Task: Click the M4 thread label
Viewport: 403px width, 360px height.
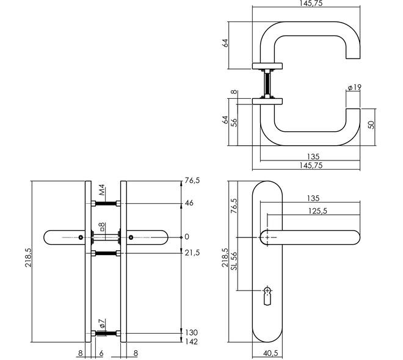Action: [x=103, y=190]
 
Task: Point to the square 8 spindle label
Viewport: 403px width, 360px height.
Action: [x=103, y=227]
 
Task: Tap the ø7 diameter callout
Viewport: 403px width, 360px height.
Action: [x=103, y=323]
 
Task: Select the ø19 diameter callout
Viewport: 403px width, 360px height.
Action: [x=354, y=88]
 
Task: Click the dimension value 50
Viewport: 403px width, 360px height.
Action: [x=371, y=125]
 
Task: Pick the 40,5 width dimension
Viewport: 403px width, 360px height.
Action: [x=270, y=353]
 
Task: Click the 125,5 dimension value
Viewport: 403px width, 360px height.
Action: [x=318, y=211]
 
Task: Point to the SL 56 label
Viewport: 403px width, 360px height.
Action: [x=234, y=261]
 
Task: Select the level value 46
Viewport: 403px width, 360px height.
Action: [x=189, y=203]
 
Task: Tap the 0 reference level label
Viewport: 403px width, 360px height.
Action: [x=187, y=237]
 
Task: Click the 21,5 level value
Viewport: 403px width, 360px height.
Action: [x=192, y=253]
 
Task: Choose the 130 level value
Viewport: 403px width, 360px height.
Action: [x=192, y=333]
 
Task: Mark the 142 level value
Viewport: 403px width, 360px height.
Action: [x=192, y=342]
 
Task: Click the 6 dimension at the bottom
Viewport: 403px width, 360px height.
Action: [x=101, y=353]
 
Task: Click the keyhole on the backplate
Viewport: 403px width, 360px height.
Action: [x=267, y=296]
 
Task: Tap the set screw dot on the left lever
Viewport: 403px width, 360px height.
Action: [x=81, y=237]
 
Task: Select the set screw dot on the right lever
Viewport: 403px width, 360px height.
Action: [x=131, y=237]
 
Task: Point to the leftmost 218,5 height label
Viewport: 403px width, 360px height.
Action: [x=28, y=257]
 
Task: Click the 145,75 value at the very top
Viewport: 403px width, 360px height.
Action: [x=311, y=3]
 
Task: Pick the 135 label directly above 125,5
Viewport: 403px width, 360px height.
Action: [x=313, y=198]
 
